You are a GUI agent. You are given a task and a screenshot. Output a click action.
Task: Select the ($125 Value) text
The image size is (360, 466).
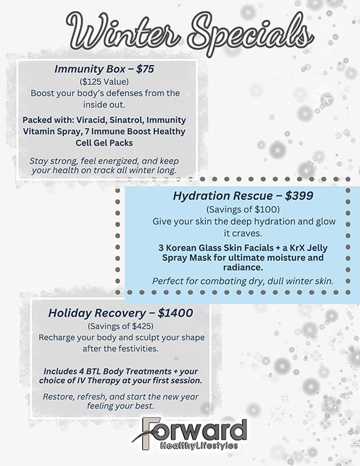(105, 81)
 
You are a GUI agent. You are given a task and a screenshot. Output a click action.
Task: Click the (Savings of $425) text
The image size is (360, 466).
(121, 326)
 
